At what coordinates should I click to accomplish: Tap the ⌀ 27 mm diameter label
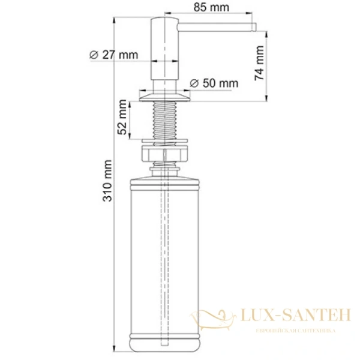click(x=113, y=55)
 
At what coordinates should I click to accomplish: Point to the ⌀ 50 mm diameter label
click(x=214, y=83)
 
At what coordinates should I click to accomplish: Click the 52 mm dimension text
click(x=122, y=119)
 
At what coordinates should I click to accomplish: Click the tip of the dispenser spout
click(x=254, y=26)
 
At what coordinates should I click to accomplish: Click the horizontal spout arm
click(x=216, y=26)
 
